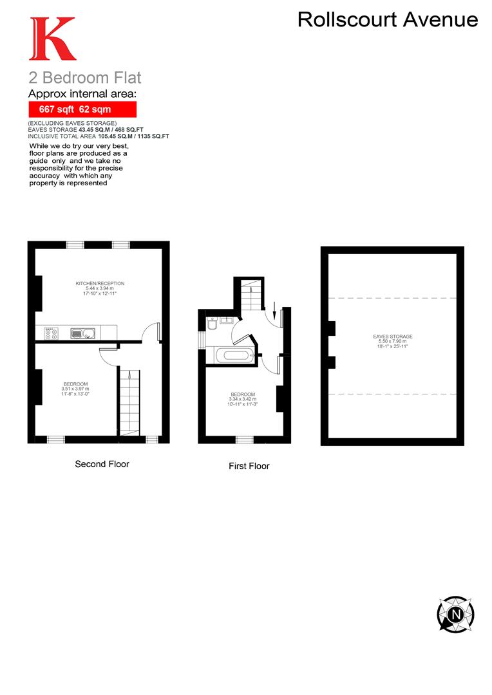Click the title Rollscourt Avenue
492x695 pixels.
(387, 20)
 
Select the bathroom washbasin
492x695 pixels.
(227, 319)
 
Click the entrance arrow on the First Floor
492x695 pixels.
(274, 314)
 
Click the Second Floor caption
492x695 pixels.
(102, 463)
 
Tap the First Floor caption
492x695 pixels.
(249, 466)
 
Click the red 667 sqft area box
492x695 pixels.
(81, 109)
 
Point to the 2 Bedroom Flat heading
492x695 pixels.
(84, 79)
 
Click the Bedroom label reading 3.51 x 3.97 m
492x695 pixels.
(75, 389)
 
